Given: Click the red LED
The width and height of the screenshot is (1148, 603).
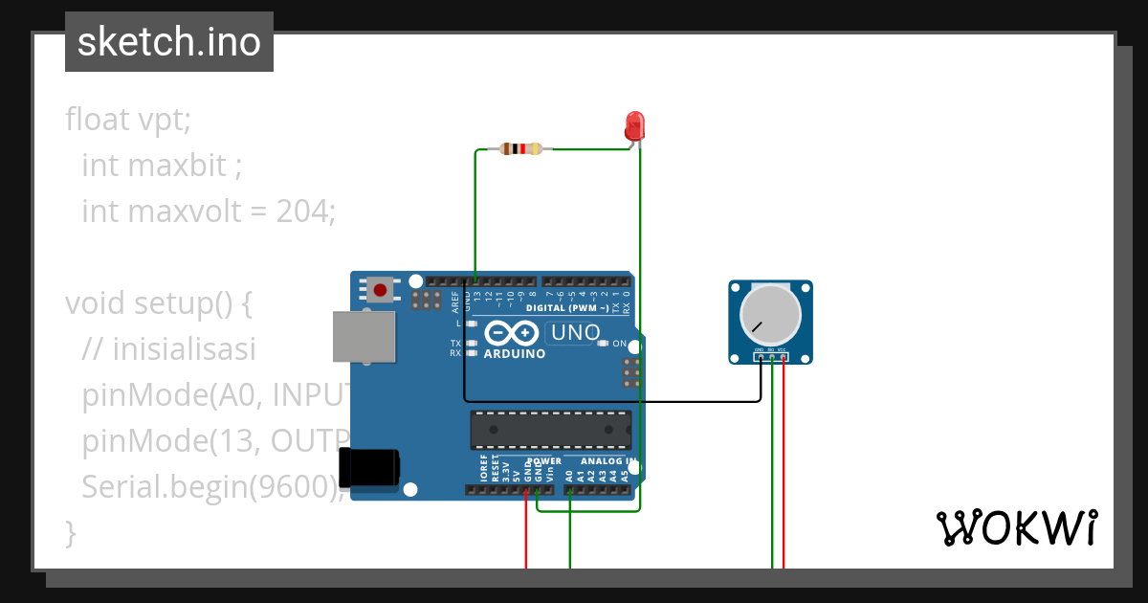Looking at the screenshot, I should (633, 126).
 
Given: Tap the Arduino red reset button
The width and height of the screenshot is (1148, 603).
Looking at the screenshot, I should (381, 289).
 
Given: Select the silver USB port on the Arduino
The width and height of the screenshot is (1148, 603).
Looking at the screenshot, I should (364, 337).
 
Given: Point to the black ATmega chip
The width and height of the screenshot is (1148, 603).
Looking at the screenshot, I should (550, 430).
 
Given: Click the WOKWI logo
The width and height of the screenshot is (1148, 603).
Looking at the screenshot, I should (1016, 527).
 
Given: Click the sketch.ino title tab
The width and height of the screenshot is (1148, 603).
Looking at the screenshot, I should (169, 42).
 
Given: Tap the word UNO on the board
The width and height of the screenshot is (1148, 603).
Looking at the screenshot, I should (573, 333).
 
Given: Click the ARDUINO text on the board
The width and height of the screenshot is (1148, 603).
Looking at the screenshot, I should (515, 353).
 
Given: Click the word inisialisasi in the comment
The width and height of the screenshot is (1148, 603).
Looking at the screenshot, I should (184, 349).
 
